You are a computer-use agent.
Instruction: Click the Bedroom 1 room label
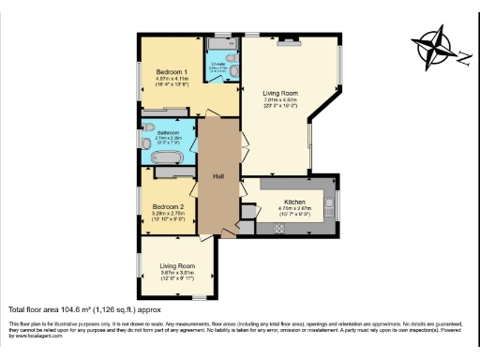click(x=172, y=72)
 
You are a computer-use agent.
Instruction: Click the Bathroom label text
click(x=169, y=132)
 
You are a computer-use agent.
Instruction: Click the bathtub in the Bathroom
click(x=171, y=171)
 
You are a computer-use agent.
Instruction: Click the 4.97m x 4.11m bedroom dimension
click(x=172, y=79)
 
